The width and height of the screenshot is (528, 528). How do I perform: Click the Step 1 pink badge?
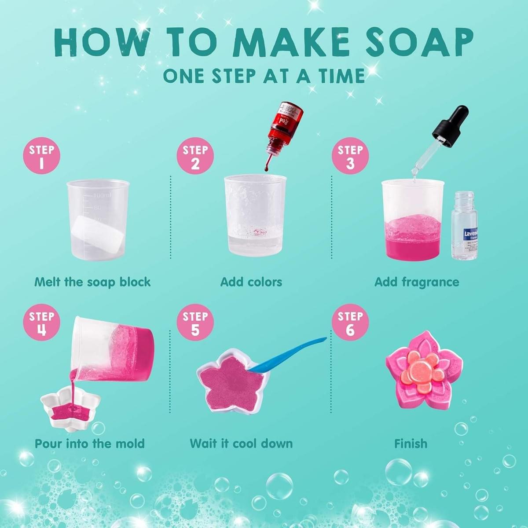[42, 157]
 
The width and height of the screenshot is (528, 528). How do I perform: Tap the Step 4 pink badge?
[42, 323]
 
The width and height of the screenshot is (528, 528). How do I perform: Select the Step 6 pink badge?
[350, 323]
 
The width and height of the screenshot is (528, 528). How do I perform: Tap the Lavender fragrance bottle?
[464, 225]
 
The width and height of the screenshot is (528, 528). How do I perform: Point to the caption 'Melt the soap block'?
[92, 282]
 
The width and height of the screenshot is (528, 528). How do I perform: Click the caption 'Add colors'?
[251, 282]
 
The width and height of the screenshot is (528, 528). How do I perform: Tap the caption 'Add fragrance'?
[416, 282]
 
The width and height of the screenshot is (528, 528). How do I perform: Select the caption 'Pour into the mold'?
[90, 443]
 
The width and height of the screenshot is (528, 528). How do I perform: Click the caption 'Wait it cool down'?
[241, 443]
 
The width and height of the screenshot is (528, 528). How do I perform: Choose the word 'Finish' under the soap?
[411, 443]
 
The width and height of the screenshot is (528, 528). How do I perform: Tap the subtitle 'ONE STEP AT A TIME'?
[264, 76]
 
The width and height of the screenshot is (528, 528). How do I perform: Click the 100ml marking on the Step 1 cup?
[103, 195]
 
